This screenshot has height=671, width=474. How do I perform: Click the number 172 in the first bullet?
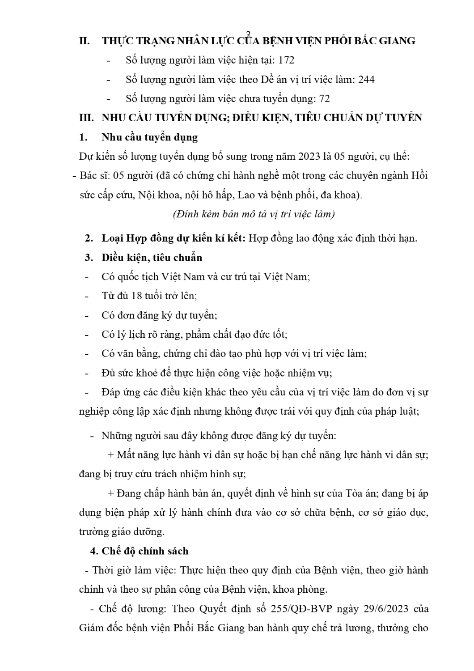[x=286, y=60]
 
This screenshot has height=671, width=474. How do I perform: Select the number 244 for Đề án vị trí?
[x=366, y=80]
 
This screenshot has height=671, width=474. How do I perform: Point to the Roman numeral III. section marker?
[x=86, y=118]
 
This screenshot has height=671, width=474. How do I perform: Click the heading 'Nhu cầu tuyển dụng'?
[x=149, y=137]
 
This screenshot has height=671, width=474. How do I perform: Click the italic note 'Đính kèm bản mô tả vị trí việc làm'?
[x=254, y=214]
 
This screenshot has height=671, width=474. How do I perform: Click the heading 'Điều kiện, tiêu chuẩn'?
[x=152, y=258]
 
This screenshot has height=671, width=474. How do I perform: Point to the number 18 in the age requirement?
[x=143, y=296]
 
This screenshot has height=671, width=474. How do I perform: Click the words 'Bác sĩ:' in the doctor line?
[x=94, y=176]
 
